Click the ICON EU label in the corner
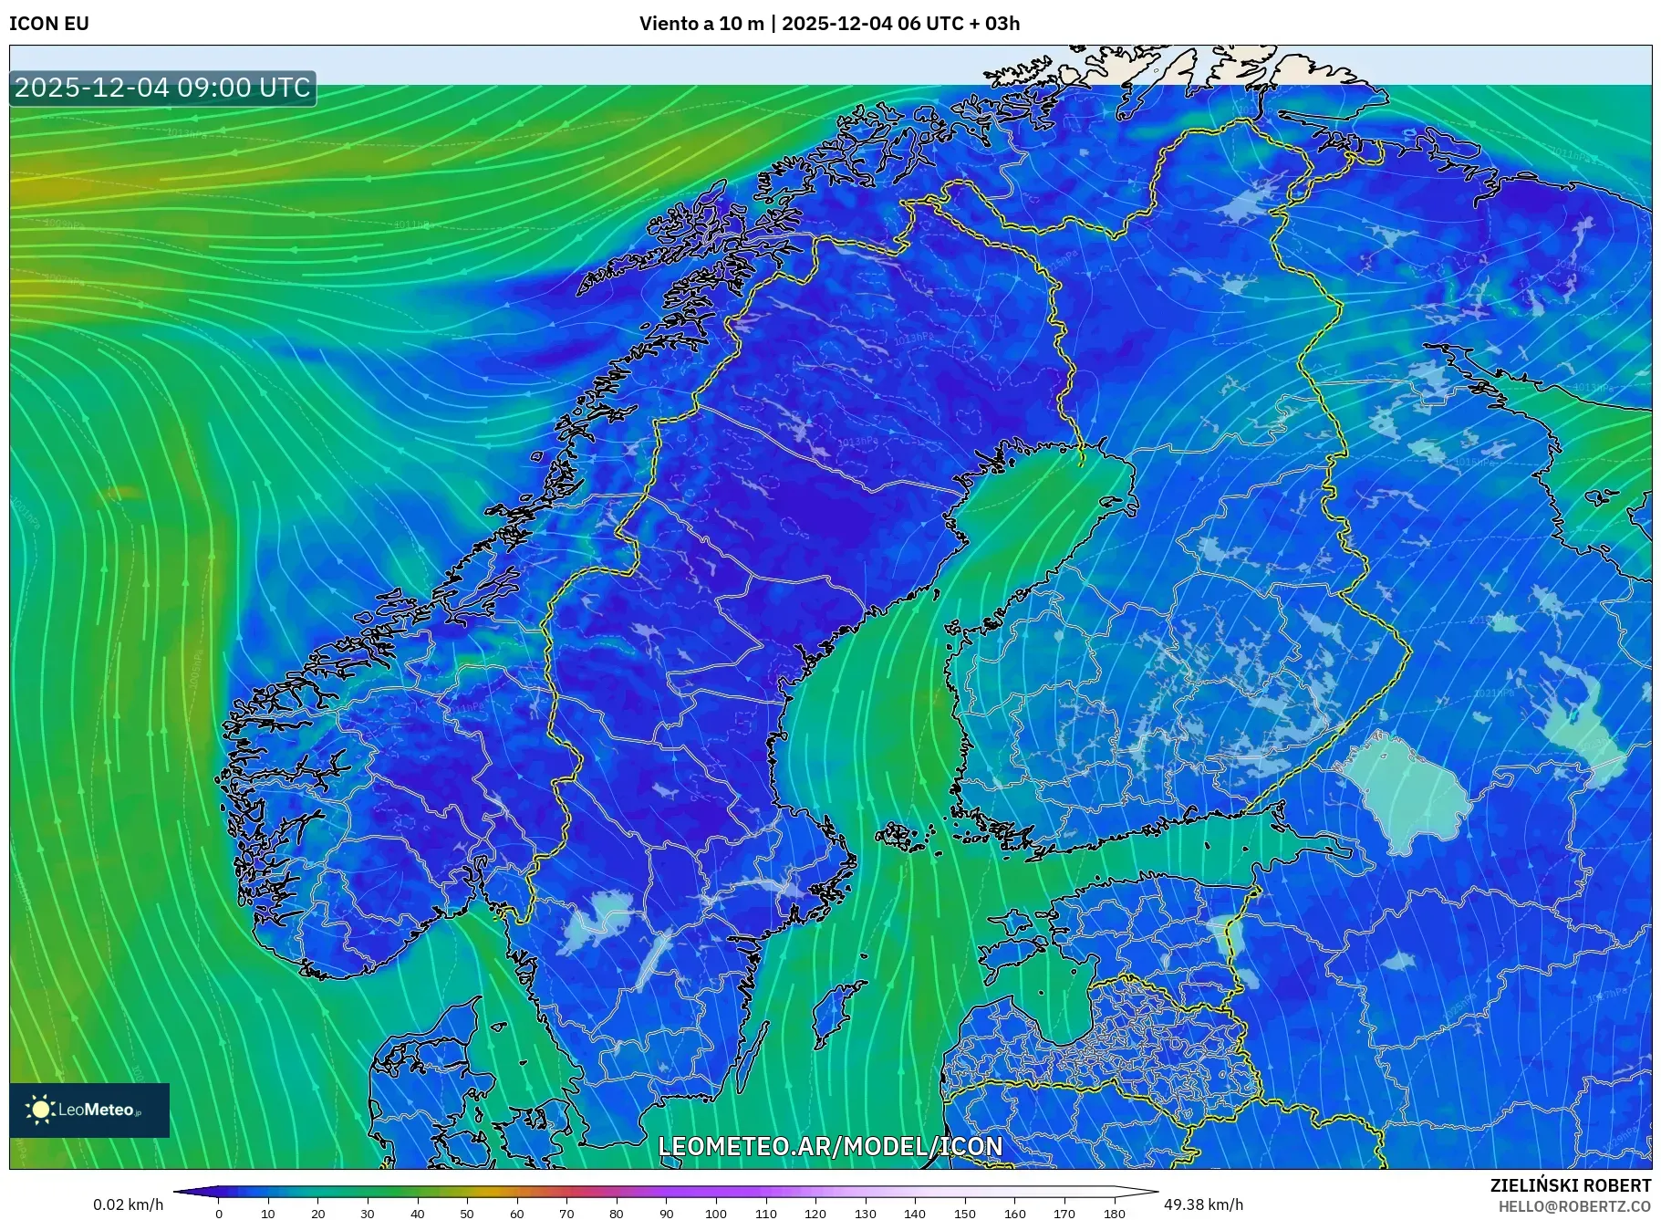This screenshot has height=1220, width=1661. (x=49, y=24)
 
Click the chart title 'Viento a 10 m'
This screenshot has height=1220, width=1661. (x=701, y=24)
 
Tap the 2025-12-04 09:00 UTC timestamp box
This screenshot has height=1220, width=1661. (x=162, y=88)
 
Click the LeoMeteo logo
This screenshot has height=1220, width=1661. (x=89, y=1110)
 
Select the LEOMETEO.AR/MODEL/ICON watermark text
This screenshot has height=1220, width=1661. (x=830, y=1146)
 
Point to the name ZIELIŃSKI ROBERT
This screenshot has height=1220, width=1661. (x=1570, y=1185)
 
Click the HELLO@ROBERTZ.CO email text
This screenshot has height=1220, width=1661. (x=1573, y=1206)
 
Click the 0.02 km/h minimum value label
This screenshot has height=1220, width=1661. (x=128, y=1204)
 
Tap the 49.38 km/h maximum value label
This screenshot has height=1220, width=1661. (x=1202, y=1204)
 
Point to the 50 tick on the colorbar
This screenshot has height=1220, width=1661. (x=467, y=1213)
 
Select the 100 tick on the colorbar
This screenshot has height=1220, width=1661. (x=716, y=1213)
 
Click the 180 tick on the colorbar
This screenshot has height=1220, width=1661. (x=1114, y=1213)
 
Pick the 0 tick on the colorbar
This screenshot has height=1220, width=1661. (x=219, y=1213)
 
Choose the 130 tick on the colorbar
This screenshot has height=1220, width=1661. (x=865, y=1213)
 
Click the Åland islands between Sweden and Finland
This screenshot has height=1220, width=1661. (x=903, y=836)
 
